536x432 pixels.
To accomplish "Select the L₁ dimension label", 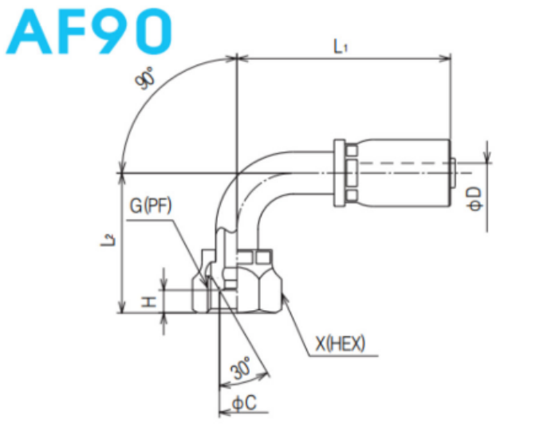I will click(x=341, y=47).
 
